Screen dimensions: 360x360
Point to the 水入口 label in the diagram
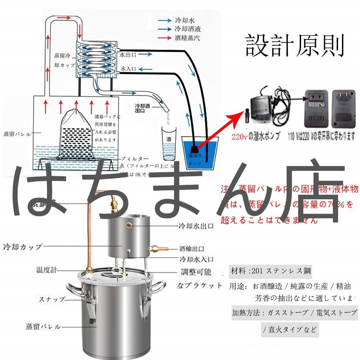[x=128, y=68]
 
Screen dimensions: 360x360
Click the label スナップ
[x=52, y=299]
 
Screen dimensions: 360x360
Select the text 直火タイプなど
[x=290, y=330]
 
